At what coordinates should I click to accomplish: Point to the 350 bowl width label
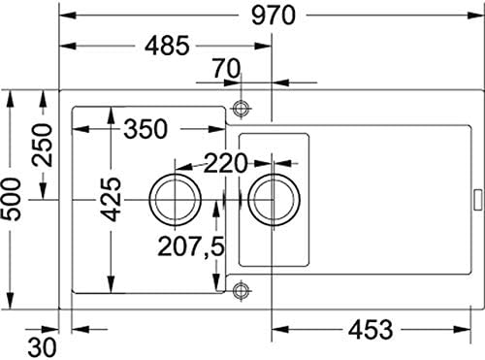(145, 127)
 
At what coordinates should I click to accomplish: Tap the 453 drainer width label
(372, 329)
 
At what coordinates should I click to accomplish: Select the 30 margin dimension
(40, 344)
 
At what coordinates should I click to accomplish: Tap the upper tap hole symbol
(242, 108)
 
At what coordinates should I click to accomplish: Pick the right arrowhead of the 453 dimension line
(475, 329)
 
